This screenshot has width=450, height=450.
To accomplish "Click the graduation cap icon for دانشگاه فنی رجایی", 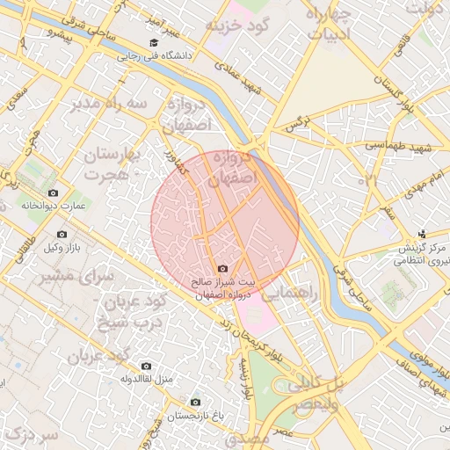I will (x=155, y=42).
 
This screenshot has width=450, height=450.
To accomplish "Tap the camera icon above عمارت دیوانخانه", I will (x=53, y=192).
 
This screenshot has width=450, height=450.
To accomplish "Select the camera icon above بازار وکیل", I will (x=62, y=234).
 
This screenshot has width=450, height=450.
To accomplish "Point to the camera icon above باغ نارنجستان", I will (x=194, y=402).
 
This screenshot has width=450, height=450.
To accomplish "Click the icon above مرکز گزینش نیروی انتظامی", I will (x=423, y=234).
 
